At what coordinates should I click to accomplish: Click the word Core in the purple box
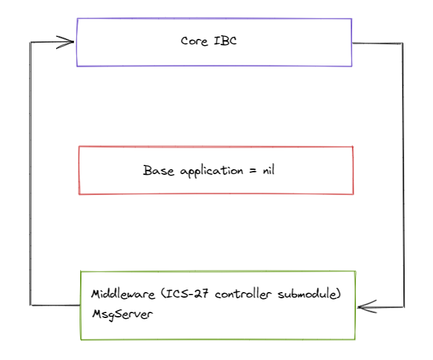point(194,41)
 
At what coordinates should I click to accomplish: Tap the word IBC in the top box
point(225,41)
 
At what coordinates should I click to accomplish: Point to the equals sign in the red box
point(251,171)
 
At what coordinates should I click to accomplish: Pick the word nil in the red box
point(268,170)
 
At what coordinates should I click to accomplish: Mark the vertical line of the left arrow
point(30,173)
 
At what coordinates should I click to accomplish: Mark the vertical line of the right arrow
point(403,173)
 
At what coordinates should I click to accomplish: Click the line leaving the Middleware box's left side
point(56,304)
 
